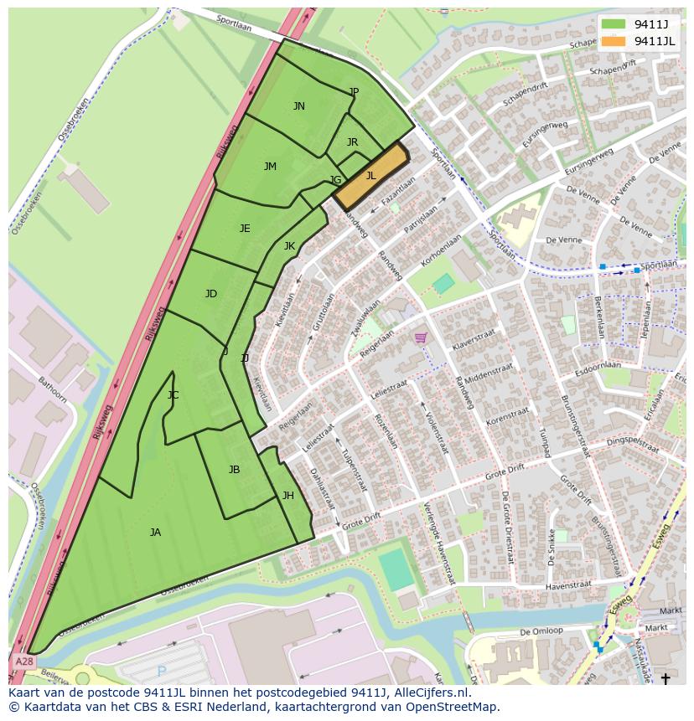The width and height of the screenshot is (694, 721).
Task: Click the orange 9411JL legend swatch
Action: pyautogui.click(x=614, y=41)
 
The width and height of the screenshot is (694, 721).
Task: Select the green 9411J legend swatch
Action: pyautogui.click(x=614, y=24)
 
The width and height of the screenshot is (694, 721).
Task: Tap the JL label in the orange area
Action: pyautogui.click(x=370, y=176)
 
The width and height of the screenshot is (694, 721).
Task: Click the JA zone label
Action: pyautogui.click(x=155, y=533)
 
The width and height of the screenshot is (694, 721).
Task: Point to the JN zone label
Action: pyautogui.click(x=298, y=106)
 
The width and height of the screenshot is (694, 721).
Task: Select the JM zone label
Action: pyautogui.click(x=270, y=167)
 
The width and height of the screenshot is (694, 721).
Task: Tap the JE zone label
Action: pyautogui.click(x=245, y=229)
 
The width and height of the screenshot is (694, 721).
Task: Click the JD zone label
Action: pyautogui.click(x=211, y=294)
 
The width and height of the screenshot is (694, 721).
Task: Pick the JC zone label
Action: pyautogui.click(x=173, y=395)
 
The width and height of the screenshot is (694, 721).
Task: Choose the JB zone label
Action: pyautogui.click(x=235, y=470)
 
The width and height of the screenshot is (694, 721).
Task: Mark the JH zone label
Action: pyautogui.click(x=287, y=496)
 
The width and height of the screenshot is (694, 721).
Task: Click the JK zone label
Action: pyautogui.click(x=289, y=246)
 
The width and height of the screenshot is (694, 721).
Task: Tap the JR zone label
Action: pyautogui.click(x=352, y=142)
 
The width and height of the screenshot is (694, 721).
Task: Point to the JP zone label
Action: pyautogui.click(x=354, y=92)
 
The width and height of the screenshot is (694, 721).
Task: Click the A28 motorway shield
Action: pyautogui.click(x=24, y=662)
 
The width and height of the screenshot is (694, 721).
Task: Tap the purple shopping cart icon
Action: pyautogui.click(x=420, y=337)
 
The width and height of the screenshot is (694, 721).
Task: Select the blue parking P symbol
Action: pyautogui.click(x=161, y=672)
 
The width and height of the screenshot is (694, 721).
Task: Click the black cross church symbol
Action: pyautogui.click(x=666, y=677)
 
